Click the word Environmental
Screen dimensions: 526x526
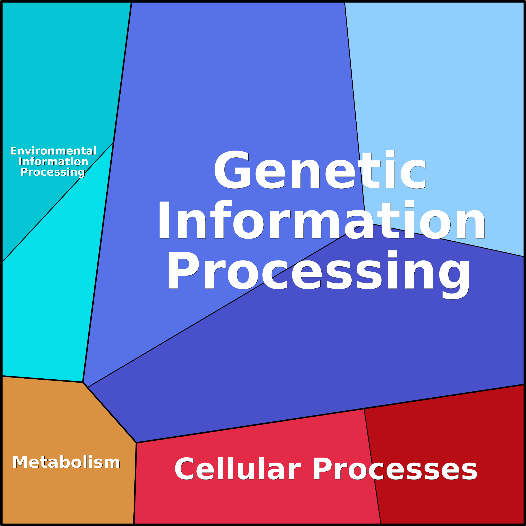(53, 151)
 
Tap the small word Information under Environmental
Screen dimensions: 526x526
(53, 161)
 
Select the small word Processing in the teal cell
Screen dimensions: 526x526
(53, 172)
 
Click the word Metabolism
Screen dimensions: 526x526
(66, 462)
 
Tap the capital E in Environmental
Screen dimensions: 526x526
(14, 151)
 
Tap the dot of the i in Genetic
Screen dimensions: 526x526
(390, 153)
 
